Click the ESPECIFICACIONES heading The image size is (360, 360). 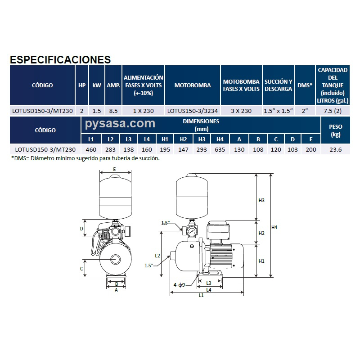click(x=60, y=60)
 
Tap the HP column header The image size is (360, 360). click(x=81, y=85)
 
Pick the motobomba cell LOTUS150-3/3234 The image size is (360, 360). click(x=192, y=111)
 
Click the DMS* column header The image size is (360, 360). click(x=305, y=85)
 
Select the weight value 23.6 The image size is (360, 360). click(x=335, y=149)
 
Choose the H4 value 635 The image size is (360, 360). click(x=220, y=149)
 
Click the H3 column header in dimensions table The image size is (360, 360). click(x=202, y=139)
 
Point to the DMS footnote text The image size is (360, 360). click(x=85, y=158)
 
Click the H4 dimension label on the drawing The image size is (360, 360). click(x=275, y=228)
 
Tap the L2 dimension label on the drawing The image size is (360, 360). click(x=157, y=255)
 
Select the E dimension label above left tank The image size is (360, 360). click(x=114, y=169)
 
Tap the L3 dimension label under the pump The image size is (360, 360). click(x=209, y=283)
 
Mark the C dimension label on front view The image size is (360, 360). click(x=81, y=269)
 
